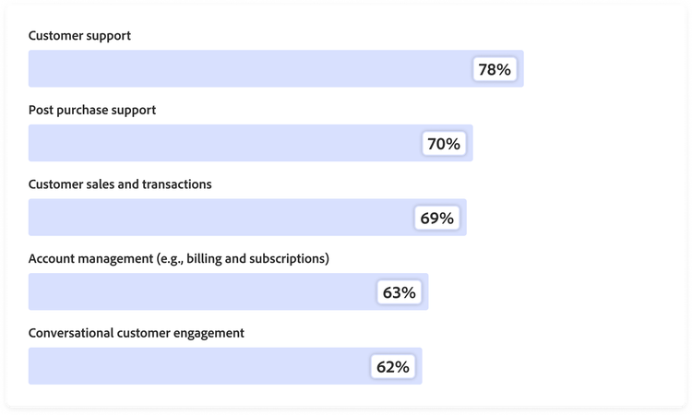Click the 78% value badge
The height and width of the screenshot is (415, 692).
click(495, 69)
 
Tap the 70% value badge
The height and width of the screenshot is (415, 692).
click(444, 144)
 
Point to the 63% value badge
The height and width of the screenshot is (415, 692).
click(400, 292)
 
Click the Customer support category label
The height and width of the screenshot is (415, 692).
click(79, 36)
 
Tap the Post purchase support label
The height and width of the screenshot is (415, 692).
click(92, 110)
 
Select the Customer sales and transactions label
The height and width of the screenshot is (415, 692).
click(120, 184)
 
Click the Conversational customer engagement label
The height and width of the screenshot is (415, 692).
click(137, 333)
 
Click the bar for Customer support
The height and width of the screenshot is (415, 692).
click(249, 69)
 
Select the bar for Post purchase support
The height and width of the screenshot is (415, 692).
click(221, 144)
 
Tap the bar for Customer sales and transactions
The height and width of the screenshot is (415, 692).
click(217, 218)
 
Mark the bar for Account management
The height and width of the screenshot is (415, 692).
click(198, 292)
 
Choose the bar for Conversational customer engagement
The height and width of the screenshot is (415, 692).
click(194, 366)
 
